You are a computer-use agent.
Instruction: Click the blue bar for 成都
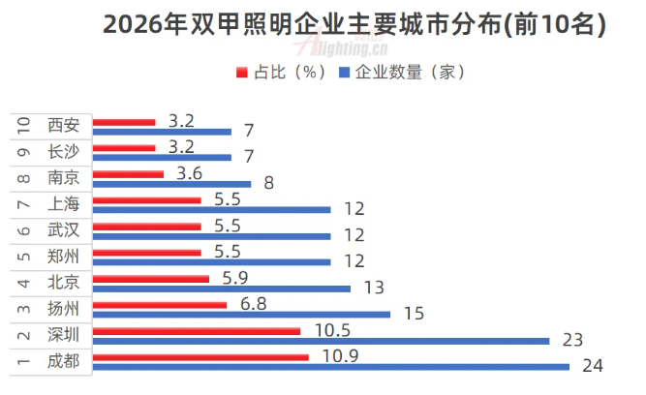pyautogui.click(x=332, y=366)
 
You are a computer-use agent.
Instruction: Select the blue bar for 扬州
pyautogui.click(x=242, y=314)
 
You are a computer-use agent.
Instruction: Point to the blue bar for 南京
pyautogui.click(x=172, y=183)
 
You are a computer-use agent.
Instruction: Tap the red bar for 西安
pyautogui.click(x=125, y=122)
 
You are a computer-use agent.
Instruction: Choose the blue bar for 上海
pyautogui.click(x=212, y=209)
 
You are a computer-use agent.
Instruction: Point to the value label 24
pyautogui.click(x=592, y=366)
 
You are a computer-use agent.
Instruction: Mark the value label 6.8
pyautogui.click(x=250, y=302)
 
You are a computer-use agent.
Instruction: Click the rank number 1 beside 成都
pyautogui.click(x=21, y=361)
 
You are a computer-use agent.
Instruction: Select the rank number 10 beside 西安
pyautogui.click(x=21, y=126)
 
